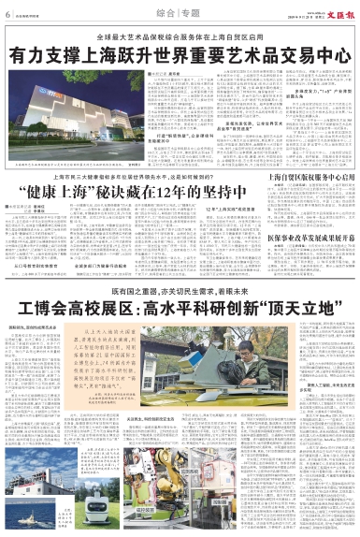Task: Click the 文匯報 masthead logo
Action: click(337, 14)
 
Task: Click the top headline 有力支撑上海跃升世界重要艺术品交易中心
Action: click(180, 54)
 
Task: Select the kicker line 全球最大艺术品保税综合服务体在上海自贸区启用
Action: click(180, 36)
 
